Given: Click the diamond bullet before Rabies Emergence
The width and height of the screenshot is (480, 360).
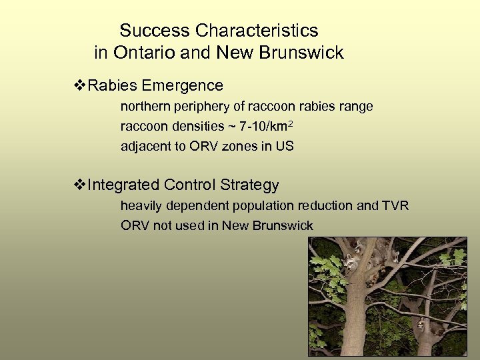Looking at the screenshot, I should (79, 85).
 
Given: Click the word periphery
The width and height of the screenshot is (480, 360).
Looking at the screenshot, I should (194, 107).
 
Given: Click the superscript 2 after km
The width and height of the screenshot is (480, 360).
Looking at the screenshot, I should (292, 124).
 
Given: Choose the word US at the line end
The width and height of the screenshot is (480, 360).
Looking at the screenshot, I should (285, 147).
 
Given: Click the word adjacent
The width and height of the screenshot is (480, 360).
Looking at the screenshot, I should (142, 147).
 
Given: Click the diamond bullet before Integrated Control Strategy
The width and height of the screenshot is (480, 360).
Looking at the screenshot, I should (79, 185).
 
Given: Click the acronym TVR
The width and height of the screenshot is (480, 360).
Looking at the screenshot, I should (396, 205).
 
